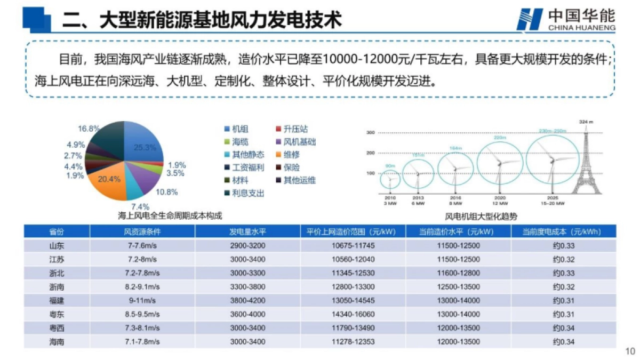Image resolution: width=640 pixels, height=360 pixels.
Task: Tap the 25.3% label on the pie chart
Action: [x=145, y=148]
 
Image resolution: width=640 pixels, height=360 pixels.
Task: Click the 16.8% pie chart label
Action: [x=89, y=129]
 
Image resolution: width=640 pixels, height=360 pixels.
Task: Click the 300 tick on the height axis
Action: [x=370, y=132]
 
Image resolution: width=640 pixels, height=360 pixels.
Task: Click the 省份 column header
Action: [x=57, y=232]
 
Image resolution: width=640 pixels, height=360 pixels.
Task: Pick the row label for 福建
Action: [x=57, y=300]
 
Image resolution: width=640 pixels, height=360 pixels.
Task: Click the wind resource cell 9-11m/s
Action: [x=142, y=300]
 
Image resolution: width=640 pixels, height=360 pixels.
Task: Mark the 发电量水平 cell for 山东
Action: [x=247, y=246]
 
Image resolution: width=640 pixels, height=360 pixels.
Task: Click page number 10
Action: [x=629, y=351]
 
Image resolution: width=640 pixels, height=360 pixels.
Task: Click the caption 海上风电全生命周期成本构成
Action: [x=170, y=216]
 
